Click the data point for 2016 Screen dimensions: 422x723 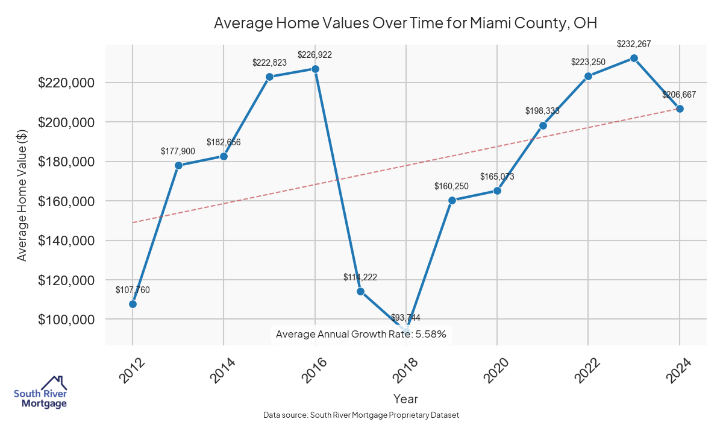coord(315,69)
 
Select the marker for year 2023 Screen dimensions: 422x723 coord(634,58)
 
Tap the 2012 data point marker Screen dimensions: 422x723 coord(133,304)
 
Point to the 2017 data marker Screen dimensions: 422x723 coord(360,291)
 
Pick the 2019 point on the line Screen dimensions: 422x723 coord(452,200)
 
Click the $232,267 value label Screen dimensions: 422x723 coord(634,44)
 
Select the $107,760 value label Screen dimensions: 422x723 coord(133,290)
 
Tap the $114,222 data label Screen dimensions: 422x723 coord(360,277)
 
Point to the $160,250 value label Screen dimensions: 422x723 coord(452,186)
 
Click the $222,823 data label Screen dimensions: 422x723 coord(269,63)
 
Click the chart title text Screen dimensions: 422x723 coord(405,24)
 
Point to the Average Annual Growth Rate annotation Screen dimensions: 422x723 coord(361,334)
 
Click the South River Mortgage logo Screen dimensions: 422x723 coord(40,392)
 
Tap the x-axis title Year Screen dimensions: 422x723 coord(405,398)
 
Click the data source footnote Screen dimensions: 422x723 coord(361,415)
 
